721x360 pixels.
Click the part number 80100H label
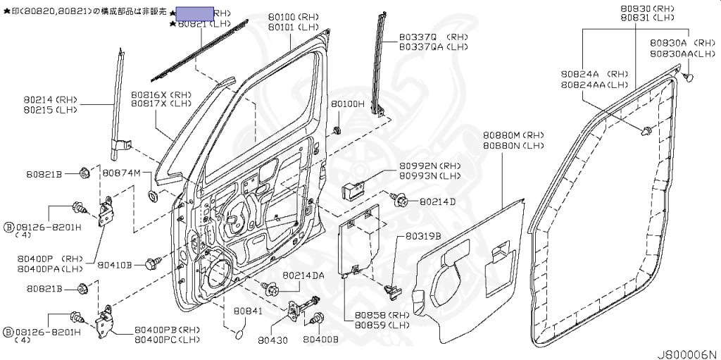coord(348,104)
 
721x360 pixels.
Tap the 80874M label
coord(122,173)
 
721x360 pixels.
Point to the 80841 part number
coord(248,310)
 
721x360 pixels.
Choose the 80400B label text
coord(320,340)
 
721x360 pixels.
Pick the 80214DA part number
coord(303,275)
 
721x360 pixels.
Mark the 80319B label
coord(423,237)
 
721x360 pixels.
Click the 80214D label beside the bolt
coord(437,201)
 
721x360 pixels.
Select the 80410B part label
coord(114,265)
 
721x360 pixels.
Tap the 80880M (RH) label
coord(514,135)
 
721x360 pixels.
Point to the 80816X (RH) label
coord(161,94)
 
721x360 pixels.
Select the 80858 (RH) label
coord(382,315)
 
